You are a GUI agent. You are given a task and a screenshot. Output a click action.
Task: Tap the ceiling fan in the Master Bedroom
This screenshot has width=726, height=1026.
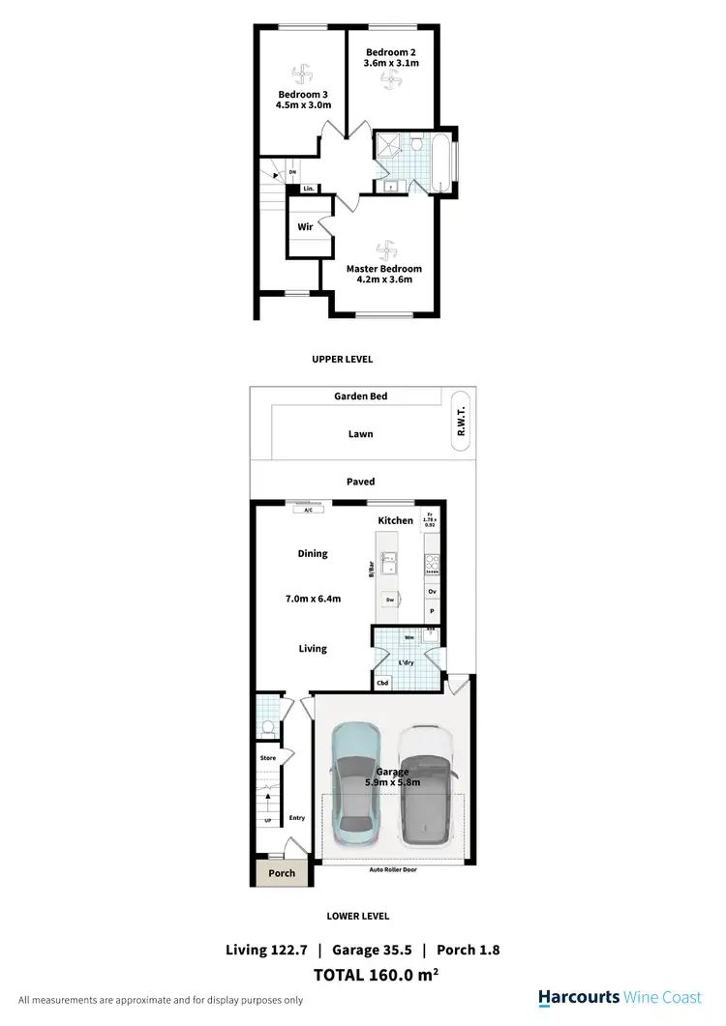pos(384,247)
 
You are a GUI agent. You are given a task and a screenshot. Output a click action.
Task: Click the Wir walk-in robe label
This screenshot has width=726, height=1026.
pos(304,227)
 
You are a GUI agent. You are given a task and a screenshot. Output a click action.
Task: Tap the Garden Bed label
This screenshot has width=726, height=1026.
pos(361,396)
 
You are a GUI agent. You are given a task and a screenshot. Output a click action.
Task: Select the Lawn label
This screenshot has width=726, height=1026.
pos(361,434)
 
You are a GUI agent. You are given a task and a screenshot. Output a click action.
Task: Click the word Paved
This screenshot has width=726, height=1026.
pos(361,482)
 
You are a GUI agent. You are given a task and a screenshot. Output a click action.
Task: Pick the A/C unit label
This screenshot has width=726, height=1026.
pos(308,509)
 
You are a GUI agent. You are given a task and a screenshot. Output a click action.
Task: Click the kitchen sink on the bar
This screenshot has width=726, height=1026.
pos(389,562)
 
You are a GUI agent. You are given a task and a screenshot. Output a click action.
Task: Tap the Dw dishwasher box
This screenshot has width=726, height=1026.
pos(389,600)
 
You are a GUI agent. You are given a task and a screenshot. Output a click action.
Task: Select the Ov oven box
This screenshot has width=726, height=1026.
pos(432,591)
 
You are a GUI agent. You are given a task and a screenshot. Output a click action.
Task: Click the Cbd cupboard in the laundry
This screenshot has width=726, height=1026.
pos(383,683)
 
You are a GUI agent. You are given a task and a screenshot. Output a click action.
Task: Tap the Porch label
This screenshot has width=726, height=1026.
pos(282,873)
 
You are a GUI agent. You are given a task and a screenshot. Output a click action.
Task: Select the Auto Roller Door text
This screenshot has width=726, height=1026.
pos(391,869)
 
